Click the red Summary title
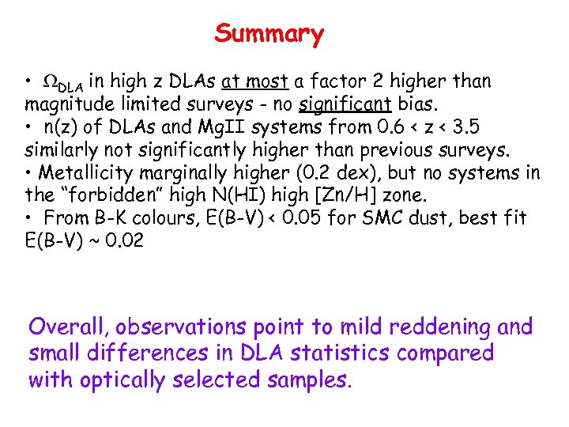coord(269,34)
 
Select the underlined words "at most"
coord(256,81)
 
